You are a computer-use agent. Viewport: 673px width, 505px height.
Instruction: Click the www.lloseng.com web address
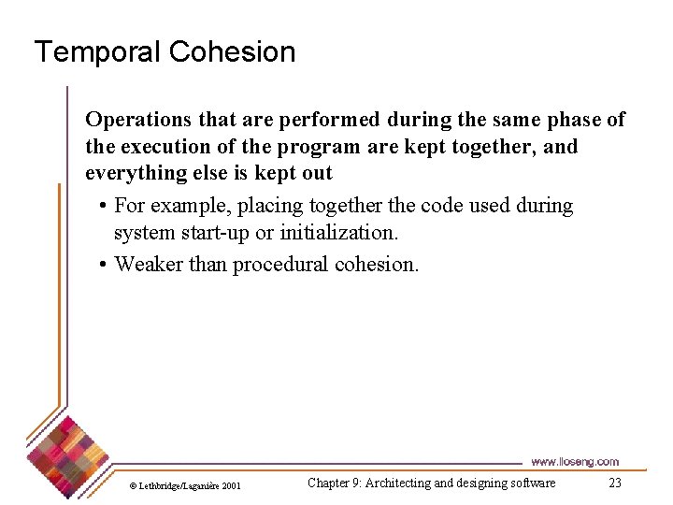tap(574, 461)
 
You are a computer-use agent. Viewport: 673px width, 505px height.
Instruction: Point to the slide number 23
tap(614, 483)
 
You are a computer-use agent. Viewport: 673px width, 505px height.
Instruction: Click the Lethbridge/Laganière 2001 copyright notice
tap(185, 485)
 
